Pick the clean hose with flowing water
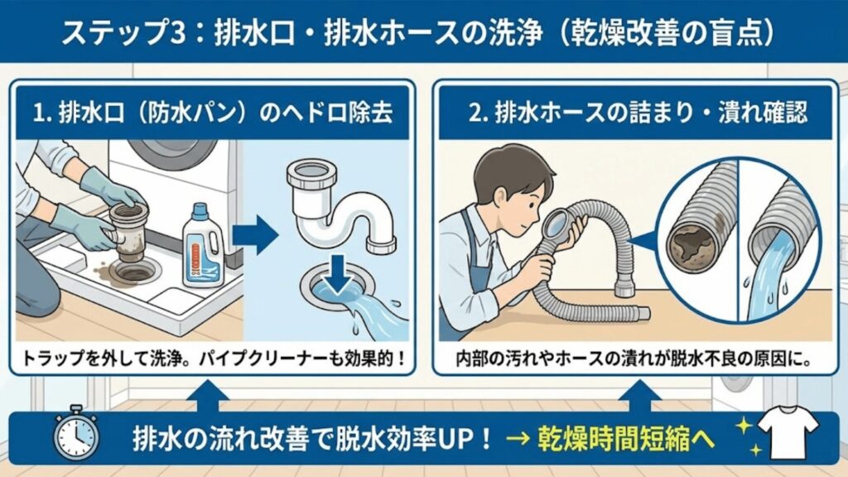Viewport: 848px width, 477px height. click(x=777, y=248)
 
